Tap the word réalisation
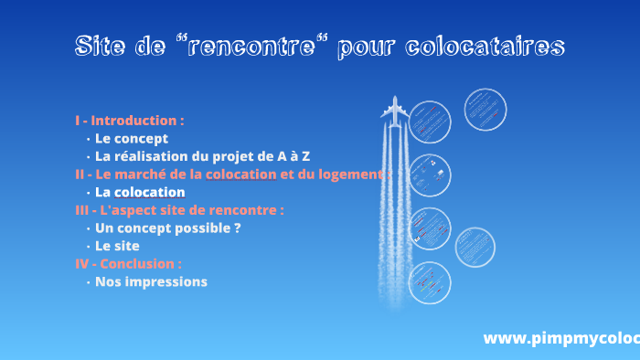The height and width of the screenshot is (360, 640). [156, 156]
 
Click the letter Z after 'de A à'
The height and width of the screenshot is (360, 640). [305, 156]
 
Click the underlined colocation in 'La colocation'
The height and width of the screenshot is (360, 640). [150, 192]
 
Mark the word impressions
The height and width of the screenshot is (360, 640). [165, 281]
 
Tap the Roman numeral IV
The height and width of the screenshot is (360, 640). [82, 263]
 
